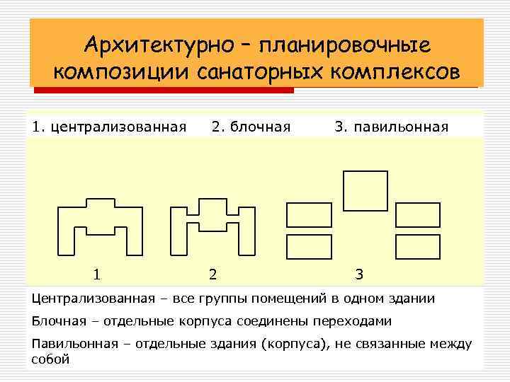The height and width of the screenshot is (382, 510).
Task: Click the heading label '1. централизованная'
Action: click(x=109, y=127)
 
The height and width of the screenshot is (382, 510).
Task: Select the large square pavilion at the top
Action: click(x=365, y=189)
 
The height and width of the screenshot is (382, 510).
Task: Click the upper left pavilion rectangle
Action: click(x=309, y=214)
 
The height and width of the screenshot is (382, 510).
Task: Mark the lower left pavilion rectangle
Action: click(x=309, y=246)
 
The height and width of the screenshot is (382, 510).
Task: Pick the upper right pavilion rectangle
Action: click(x=418, y=214)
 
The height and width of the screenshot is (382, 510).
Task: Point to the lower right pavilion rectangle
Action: click(x=418, y=246)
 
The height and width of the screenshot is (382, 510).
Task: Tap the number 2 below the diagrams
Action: click(x=212, y=274)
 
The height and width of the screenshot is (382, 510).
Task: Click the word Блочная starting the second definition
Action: click(x=59, y=321)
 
